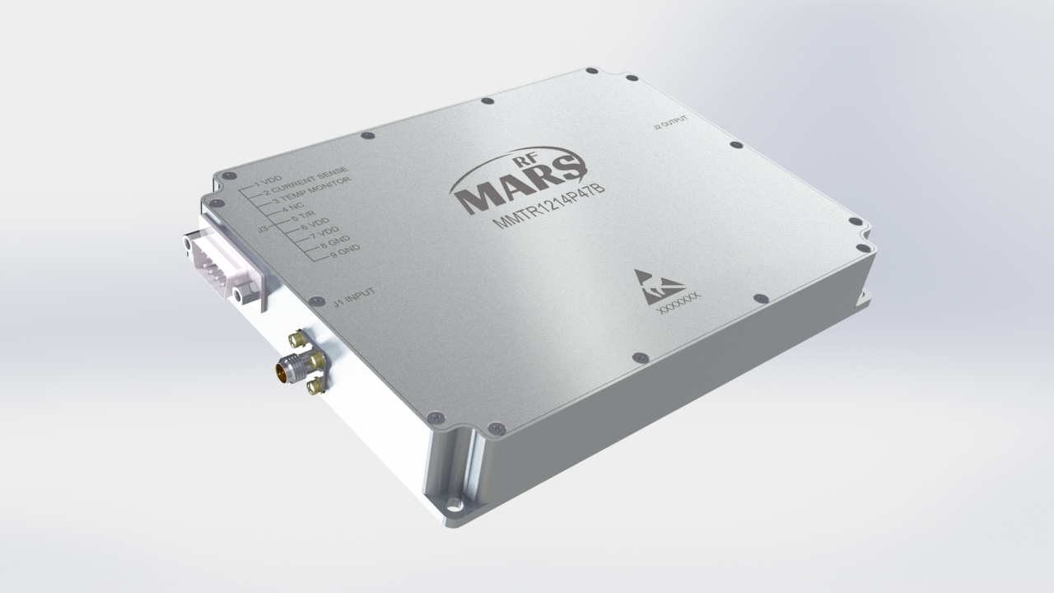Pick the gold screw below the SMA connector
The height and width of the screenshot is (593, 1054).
(x=313, y=385)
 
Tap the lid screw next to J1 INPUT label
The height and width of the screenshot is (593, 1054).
(x=313, y=302)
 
